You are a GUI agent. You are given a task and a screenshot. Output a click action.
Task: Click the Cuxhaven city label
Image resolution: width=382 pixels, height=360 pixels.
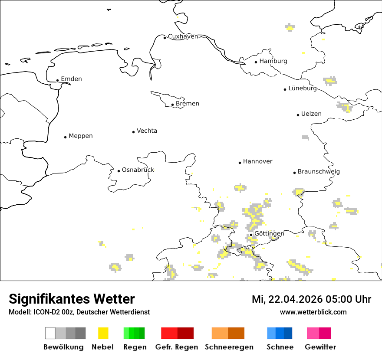[183, 36]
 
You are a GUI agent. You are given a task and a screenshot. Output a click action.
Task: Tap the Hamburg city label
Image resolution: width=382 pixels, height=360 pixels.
[273, 61]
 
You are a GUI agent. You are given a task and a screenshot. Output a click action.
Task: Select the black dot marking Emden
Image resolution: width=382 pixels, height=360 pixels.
[58, 80]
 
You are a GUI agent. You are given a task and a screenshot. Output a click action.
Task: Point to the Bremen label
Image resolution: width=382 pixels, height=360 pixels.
[188, 104]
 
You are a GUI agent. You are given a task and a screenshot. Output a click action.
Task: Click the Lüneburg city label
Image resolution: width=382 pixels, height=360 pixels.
[303, 88]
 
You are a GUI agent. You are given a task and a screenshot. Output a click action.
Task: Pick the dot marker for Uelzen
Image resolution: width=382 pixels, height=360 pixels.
[298, 115]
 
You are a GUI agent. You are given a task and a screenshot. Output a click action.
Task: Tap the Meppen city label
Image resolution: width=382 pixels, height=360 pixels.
[81, 136]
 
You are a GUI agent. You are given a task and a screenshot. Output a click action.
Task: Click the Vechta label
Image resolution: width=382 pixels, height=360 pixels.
[147, 131]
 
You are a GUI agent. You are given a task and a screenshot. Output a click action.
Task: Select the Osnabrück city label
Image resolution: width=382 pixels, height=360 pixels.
[138, 170]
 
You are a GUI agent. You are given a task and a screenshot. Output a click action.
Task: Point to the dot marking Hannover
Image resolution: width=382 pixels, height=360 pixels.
[240, 163]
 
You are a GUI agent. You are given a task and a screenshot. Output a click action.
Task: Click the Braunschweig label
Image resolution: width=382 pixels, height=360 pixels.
[319, 172]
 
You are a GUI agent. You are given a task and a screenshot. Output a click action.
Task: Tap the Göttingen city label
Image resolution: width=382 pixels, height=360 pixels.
[269, 234]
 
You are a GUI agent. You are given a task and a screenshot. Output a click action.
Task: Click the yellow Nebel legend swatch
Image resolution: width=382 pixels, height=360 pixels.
[103, 333]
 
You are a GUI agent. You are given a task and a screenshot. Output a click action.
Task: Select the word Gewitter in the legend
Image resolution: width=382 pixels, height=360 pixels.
[320, 347]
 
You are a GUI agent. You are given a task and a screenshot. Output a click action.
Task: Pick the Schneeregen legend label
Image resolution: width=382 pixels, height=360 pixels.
[229, 347]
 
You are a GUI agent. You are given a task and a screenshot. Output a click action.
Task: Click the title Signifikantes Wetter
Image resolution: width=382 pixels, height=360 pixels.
[72, 299]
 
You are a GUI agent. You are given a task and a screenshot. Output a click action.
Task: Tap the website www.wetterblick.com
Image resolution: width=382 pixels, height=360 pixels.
[313, 312]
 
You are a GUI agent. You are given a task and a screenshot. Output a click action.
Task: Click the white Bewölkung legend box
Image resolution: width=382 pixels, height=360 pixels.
[50, 333]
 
